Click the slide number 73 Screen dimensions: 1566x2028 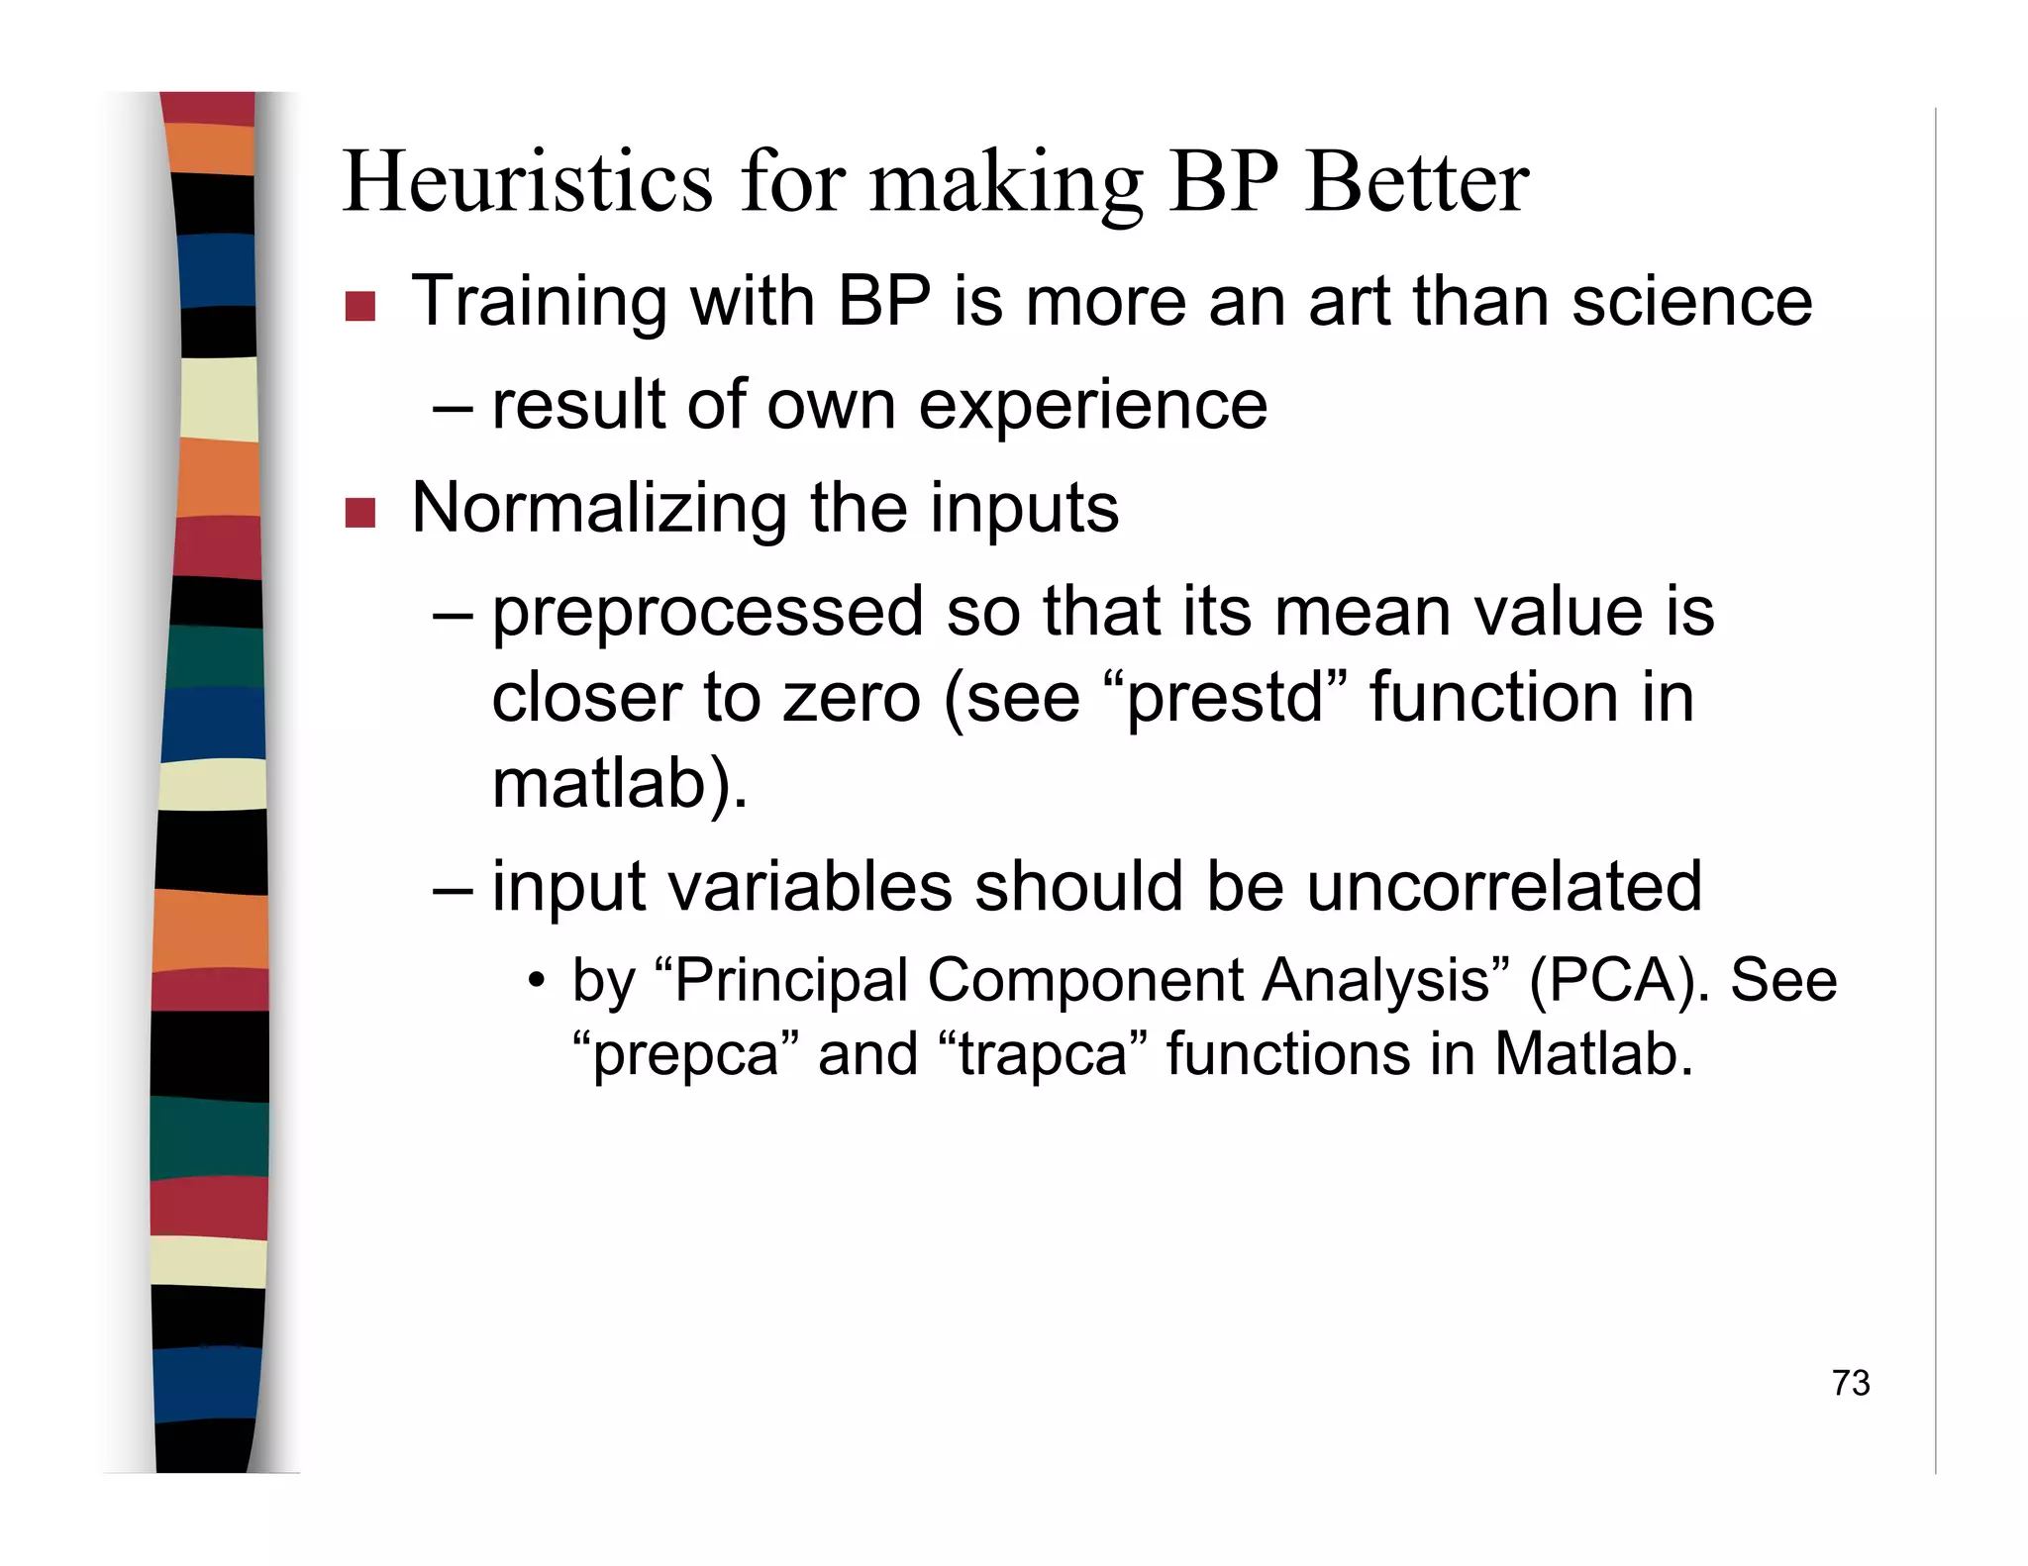click(1850, 1383)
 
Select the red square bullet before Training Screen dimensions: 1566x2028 click(359, 307)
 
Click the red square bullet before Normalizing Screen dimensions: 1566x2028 click(359, 513)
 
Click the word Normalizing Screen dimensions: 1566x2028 click(597, 508)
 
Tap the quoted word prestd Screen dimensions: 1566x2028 click(1226, 697)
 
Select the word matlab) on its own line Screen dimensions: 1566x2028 click(619, 784)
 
